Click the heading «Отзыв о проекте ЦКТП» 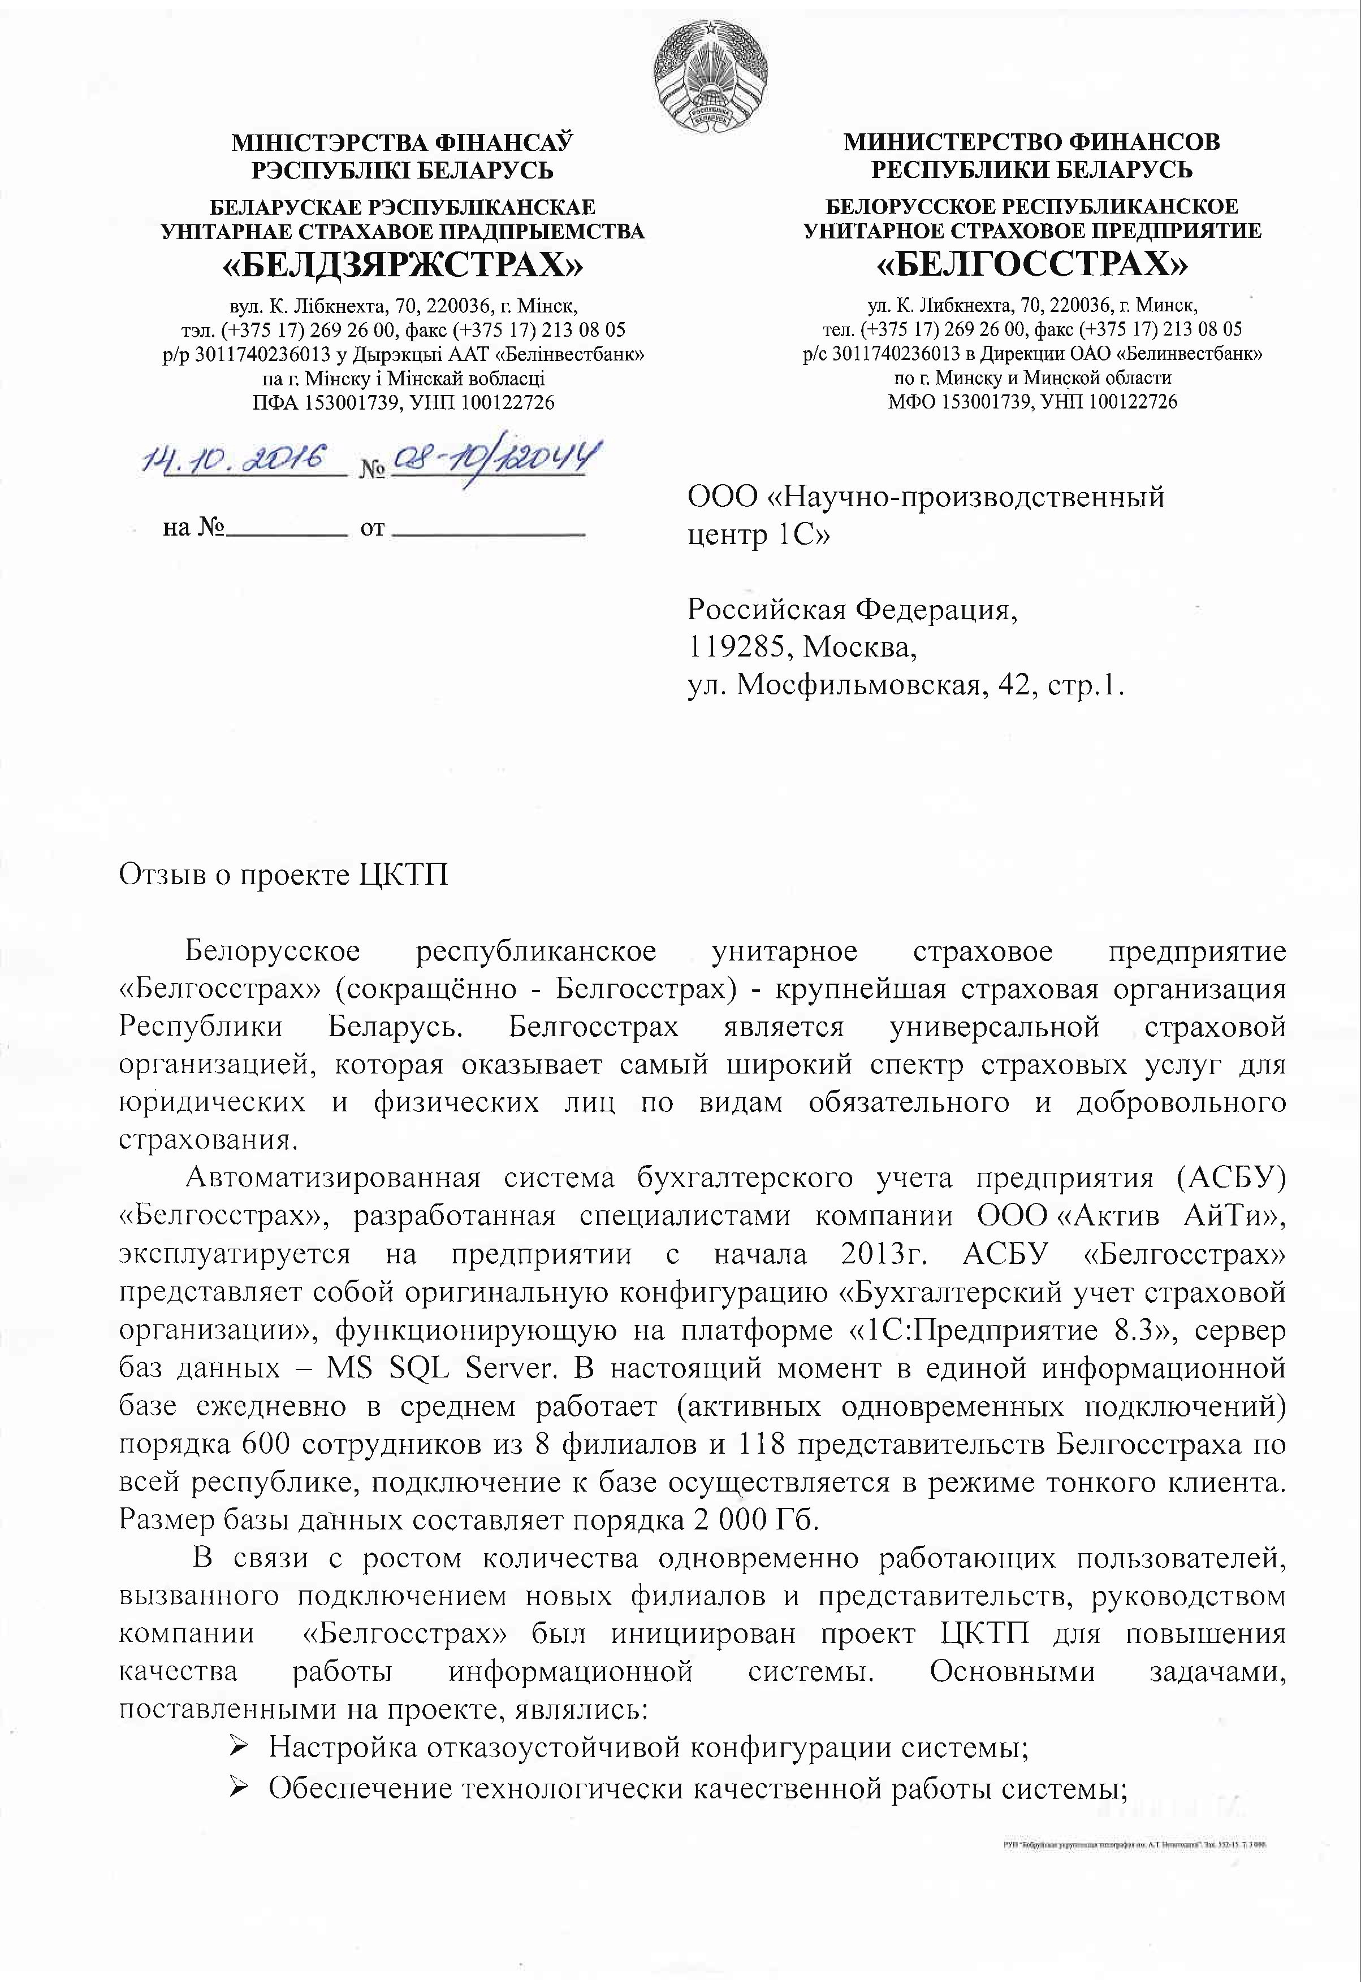283,876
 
